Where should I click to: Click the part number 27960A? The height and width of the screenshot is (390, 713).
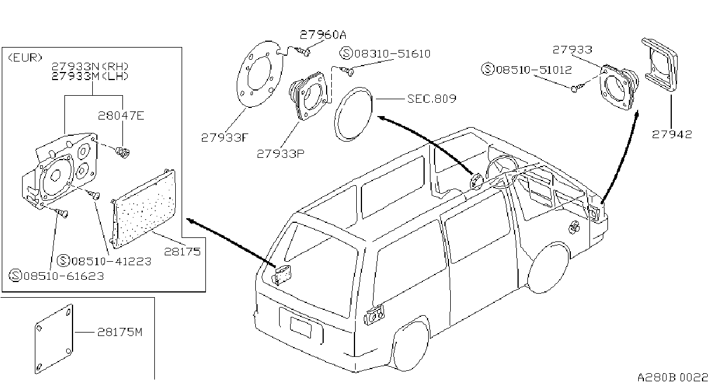pyautogui.click(x=323, y=34)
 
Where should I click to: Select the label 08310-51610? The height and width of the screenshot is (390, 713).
pyautogui.click(x=392, y=53)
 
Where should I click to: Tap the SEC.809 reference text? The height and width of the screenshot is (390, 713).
pyautogui.click(x=432, y=99)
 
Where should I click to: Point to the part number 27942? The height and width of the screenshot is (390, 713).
pyautogui.click(x=672, y=134)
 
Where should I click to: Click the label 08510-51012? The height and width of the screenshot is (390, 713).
pyautogui.click(x=534, y=70)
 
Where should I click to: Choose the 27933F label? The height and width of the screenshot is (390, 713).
pyautogui.click(x=225, y=138)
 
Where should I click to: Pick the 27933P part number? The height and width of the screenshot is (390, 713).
pyautogui.click(x=280, y=154)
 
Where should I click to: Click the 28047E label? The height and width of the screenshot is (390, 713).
pyautogui.click(x=121, y=115)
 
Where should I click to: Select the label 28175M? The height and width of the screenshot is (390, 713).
pyautogui.click(x=120, y=333)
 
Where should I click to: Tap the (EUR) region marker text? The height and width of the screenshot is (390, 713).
pyautogui.click(x=25, y=57)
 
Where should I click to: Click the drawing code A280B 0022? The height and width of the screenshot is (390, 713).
pyautogui.click(x=672, y=377)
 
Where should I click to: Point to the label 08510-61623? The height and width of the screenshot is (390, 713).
pyautogui.click(x=64, y=276)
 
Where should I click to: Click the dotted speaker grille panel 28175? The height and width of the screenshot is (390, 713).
pyautogui.click(x=143, y=208)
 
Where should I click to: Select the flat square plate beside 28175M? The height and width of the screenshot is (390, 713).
pyautogui.click(x=54, y=339)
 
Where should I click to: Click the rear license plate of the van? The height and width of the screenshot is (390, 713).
pyautogui.click(x=301, y=327)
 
